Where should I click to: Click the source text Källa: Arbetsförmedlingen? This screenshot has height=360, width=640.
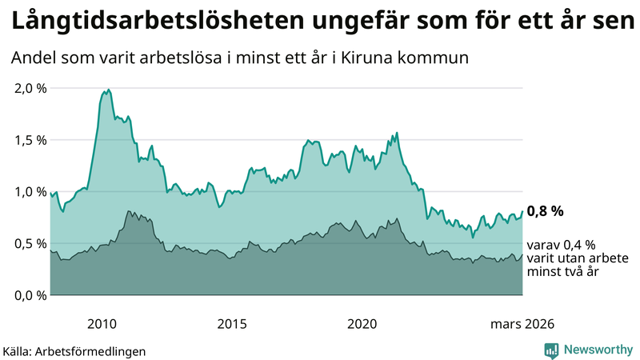pyautogui.click(x=74, y=351)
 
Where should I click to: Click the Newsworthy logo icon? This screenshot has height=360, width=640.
pyautogui.click(x=552, y=350)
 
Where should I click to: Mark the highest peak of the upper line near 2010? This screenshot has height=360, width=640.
pyautogui.click(x=108, y=90)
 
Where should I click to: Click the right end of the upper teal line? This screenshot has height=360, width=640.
pyautogui.click(x=522, y=212)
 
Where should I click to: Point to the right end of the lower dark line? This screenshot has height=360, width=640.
pyautogui.click(x=522, y=255)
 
